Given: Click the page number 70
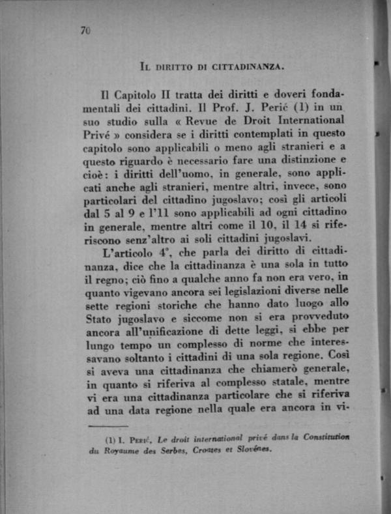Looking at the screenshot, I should [85, 30].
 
